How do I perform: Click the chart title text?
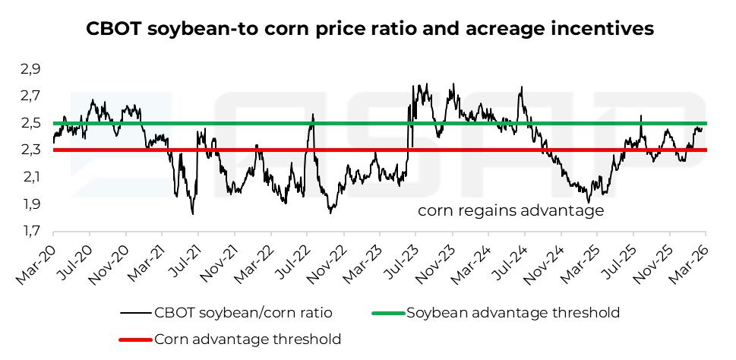click(x=370, y=29)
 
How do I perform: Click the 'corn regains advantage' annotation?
click(x=510, y=210)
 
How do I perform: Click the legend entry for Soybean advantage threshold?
click(x=513, y=312)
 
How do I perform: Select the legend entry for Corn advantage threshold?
click(x=248, y=339)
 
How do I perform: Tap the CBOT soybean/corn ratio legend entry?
click(x=243, y=312)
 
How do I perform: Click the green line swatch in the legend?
click(x=387, y=312)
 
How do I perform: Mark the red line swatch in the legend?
click(x=134, y=339)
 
